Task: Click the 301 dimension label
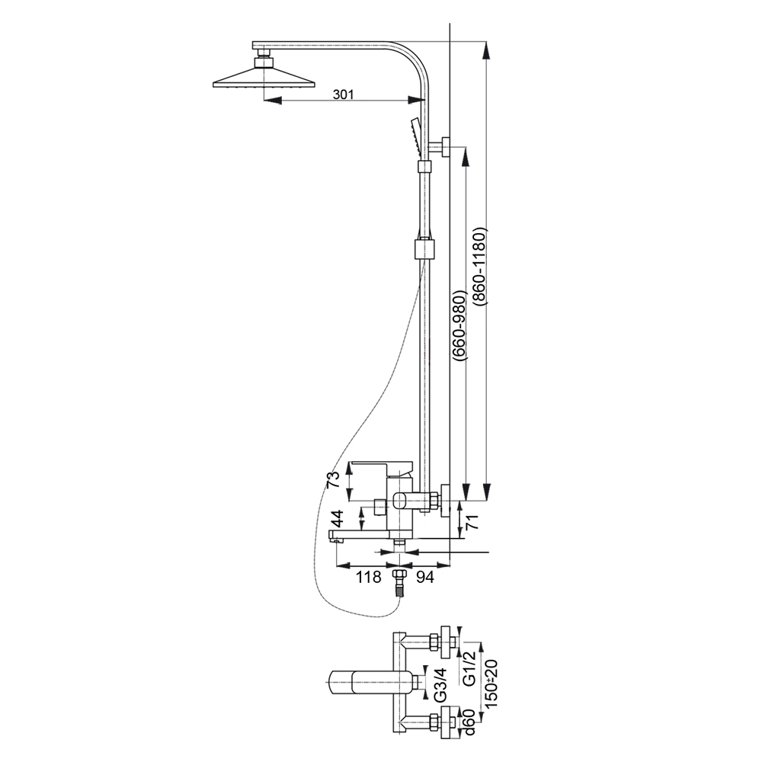pyautogui.click(x=344, y=94)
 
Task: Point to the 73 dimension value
pyautogui.click(x=332, y=481)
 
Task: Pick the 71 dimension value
pyautogui.click(x=472, y=523)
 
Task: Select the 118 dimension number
pyautogui.click(x=369, y=578)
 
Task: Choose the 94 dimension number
pyautogui.click(x=425, y=578)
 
